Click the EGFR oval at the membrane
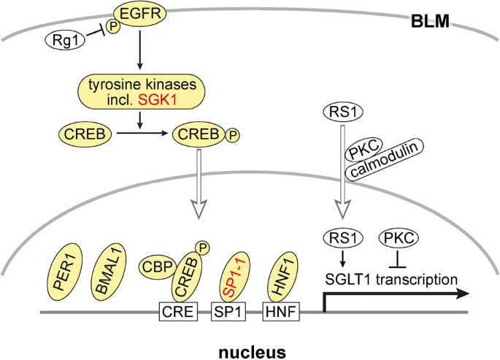tap(137, 14)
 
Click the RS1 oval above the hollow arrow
tap(336, 112)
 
